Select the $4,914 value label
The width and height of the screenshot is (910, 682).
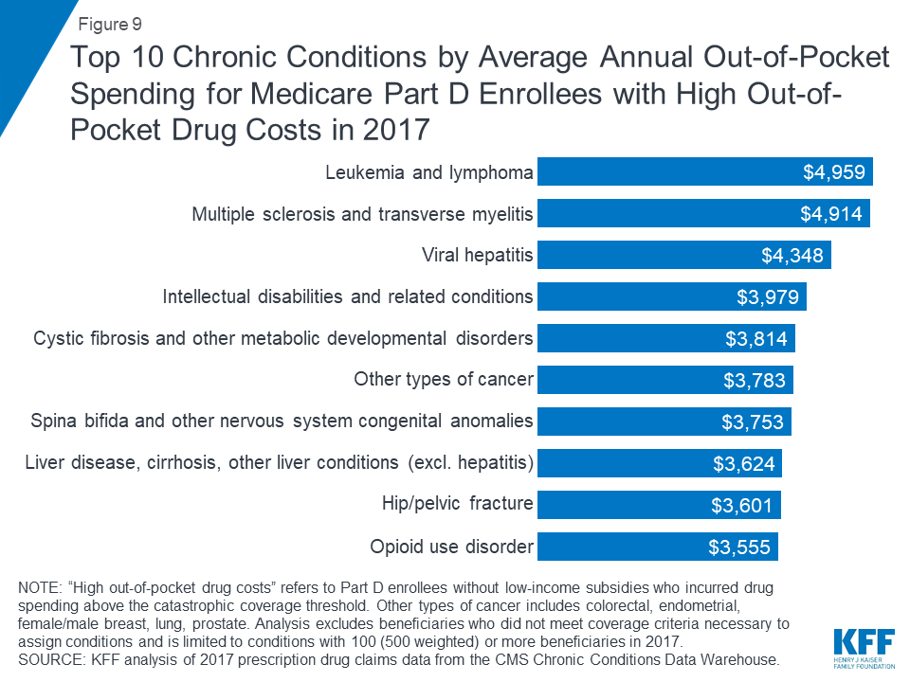tap(831, 214)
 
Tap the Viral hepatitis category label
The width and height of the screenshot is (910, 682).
tap(478, 256)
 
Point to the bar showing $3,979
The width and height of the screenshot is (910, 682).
tap(671, 297)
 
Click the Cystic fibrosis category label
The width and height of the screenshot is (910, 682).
tap(283, 338)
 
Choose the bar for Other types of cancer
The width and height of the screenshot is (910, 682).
tap(664, 380)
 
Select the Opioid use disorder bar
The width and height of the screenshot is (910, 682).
tap(657, 547)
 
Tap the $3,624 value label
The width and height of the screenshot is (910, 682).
tap(744, 463)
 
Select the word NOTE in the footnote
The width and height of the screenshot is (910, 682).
tap(41, 589)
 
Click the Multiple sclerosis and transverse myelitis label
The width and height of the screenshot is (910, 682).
tap(363, 214)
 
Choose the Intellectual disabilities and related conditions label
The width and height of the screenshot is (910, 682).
tap(348, 297)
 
